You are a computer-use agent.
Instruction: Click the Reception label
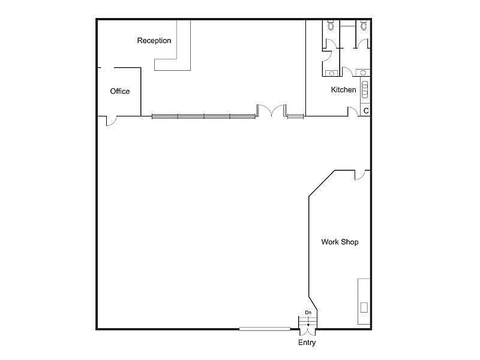coord(154,41)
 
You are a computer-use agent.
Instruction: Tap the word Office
coord(120,91)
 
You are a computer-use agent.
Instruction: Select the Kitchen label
coord(344,90)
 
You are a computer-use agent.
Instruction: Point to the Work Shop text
coord(340,242)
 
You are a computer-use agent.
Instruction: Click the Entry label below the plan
coord(307,343)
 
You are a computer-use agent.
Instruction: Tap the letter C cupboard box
coord(365,111)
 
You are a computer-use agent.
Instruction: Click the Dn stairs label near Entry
coord(308,313)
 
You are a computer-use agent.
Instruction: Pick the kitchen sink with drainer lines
coord(364,89)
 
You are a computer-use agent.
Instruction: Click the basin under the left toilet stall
coord(331,73)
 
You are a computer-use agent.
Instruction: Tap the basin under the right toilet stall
coord(362,73)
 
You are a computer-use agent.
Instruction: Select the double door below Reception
coord(271,111)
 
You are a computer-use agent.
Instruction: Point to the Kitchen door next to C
coord(353,112)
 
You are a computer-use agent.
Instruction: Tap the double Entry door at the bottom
coord(308,324)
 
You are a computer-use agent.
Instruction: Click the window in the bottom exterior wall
coord(264,329)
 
